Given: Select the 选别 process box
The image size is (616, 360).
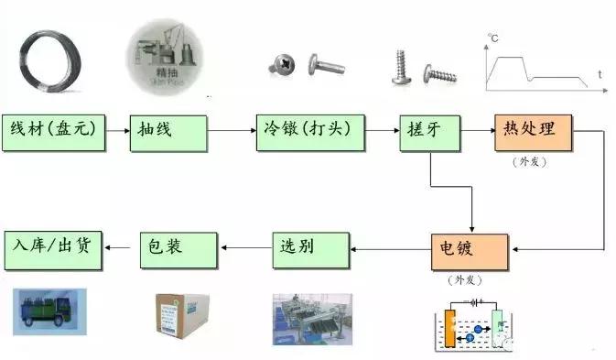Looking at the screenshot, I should tap(311, 249).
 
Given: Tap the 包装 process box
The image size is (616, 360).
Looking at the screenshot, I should tap(179, 249).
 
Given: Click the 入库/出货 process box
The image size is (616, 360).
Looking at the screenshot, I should tap(53, 249).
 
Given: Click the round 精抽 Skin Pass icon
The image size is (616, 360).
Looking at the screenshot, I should tap(167, 57).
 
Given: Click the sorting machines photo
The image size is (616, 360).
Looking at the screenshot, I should tap(311, 318).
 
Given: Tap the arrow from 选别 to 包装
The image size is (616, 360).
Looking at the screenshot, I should tap(245, 247).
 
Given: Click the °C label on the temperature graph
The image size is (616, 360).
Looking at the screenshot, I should tap(492, 38).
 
